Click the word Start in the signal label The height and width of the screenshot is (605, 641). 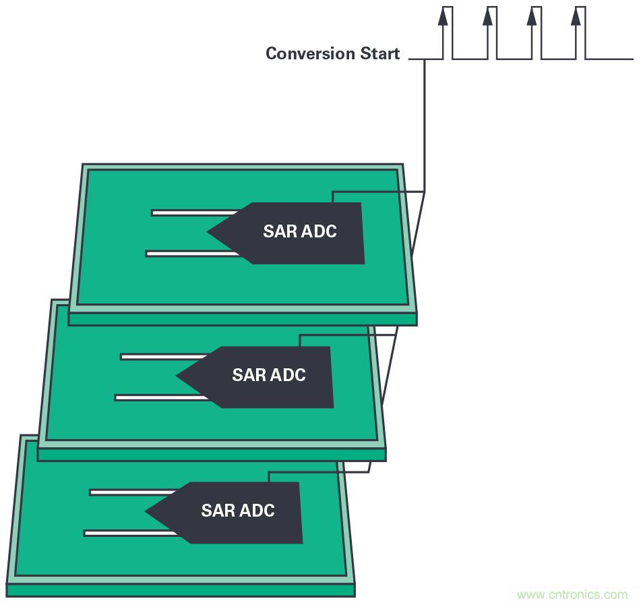click(380, 54)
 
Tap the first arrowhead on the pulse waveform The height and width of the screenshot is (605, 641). click(442, 16)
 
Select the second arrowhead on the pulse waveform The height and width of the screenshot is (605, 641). click(487, 16)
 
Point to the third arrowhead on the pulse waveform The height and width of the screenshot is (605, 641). click(532, 16)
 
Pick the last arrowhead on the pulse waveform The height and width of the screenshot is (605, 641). click(576, 16)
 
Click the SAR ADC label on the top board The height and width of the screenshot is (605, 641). click(299, 231)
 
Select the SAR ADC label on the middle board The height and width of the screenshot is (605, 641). click(268, 375)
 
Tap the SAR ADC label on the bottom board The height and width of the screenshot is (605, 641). click(237, 511)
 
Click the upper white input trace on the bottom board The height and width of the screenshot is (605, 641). click(131, 492)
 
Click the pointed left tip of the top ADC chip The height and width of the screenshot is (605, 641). click(210, 232)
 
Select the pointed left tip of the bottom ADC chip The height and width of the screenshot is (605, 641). click(148, 511)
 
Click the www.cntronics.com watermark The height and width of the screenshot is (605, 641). click(572, 595)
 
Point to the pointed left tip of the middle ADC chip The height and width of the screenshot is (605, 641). click(179, 376)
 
